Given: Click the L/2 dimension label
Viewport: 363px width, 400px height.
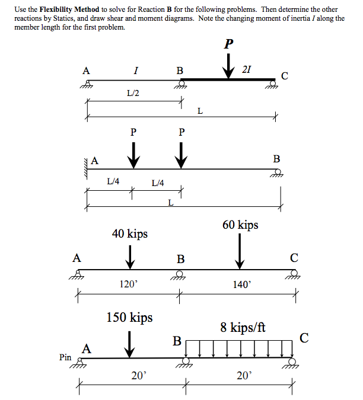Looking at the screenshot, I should [133, 93].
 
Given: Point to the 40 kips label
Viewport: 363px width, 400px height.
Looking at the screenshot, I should [130, 234].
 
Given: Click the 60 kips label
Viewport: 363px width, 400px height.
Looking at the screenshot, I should [240, 225].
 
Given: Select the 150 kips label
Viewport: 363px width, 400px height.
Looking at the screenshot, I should [129, 318].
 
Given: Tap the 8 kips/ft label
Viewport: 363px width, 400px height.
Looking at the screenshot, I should [243, 327].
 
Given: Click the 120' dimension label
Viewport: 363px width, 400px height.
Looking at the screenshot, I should [128, 284].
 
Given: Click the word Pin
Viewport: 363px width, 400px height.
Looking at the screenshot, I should [66, 357].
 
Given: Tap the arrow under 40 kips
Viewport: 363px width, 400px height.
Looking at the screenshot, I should [130, 257].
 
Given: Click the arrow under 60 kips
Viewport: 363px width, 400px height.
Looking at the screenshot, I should [240, 251].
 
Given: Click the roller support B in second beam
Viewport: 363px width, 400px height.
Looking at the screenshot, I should [276, 173].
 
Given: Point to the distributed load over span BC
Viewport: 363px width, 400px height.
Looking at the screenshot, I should [240, 348].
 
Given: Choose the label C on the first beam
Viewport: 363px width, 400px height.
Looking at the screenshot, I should [285, 75].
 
